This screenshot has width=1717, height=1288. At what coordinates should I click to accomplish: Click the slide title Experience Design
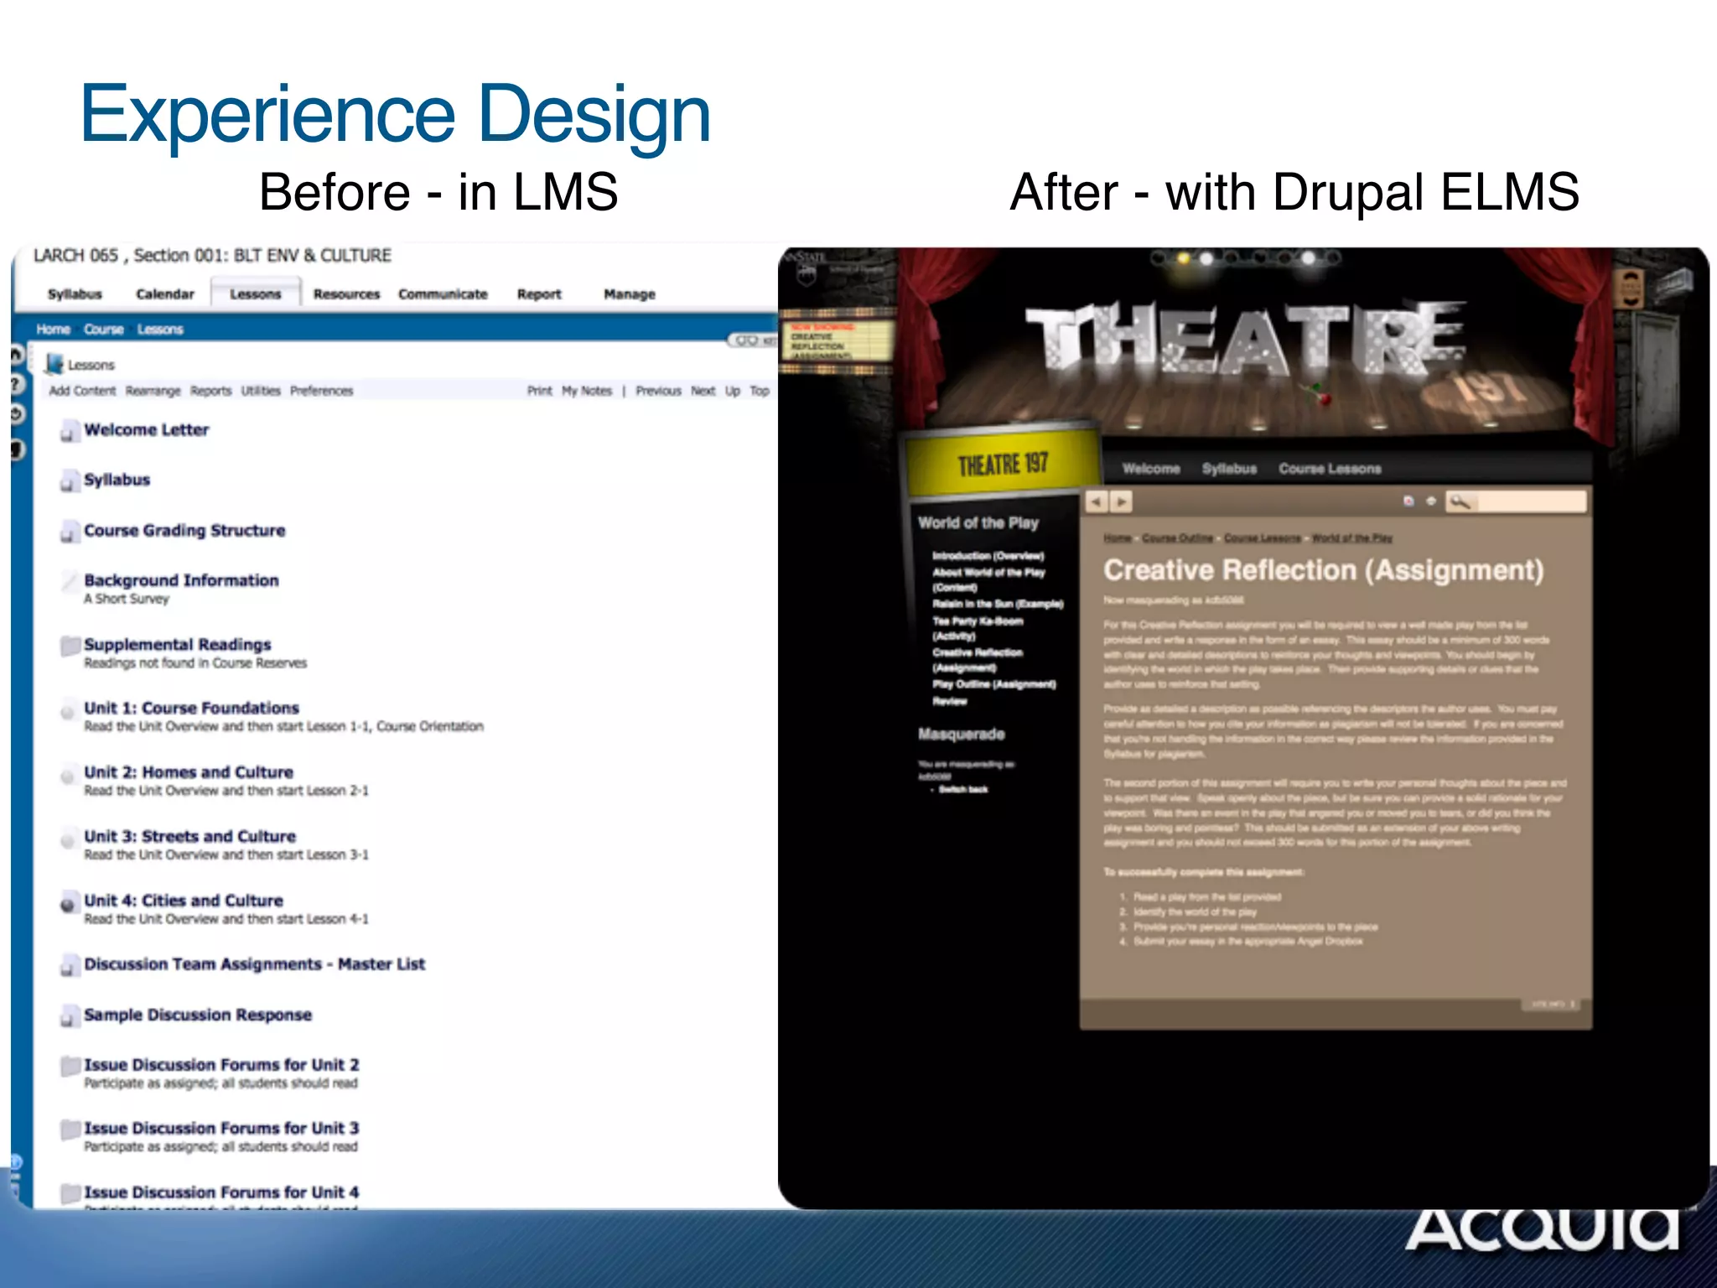395,115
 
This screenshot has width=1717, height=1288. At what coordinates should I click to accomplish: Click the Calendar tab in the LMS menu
164,294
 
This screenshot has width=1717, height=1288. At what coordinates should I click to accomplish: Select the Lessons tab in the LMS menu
255,294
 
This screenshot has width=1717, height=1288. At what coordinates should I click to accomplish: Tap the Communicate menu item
443,294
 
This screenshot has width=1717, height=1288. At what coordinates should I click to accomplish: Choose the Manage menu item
629,294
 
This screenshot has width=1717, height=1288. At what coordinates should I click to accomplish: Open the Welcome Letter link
146,429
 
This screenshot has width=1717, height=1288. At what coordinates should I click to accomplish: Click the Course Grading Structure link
184,530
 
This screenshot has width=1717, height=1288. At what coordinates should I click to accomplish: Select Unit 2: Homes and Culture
189,771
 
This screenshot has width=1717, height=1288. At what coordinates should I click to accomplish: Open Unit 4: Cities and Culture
184,900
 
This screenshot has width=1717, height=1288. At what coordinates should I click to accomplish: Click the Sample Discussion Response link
198,1015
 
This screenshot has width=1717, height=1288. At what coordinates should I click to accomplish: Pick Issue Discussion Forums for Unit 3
221,1128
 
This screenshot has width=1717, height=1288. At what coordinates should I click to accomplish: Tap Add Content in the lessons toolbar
82,391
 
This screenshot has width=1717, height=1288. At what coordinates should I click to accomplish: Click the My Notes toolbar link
587,391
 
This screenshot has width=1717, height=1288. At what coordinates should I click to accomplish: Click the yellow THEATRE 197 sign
1003,464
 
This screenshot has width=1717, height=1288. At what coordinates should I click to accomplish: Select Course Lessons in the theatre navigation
1330,469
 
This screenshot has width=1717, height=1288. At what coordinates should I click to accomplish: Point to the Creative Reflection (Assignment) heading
1323,570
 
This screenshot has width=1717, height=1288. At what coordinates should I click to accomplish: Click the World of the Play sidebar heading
978,522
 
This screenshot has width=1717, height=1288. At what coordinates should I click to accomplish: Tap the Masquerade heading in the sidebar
961,734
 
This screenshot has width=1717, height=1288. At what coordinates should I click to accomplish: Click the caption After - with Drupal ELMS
1294,192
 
